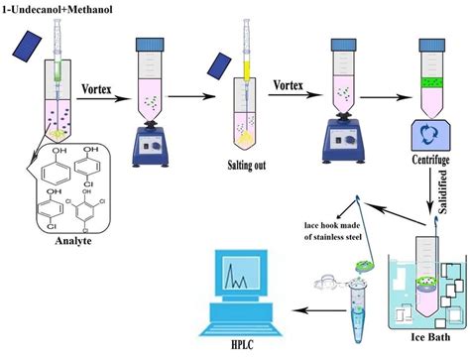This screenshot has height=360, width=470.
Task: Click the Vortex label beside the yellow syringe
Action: (288, 86)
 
